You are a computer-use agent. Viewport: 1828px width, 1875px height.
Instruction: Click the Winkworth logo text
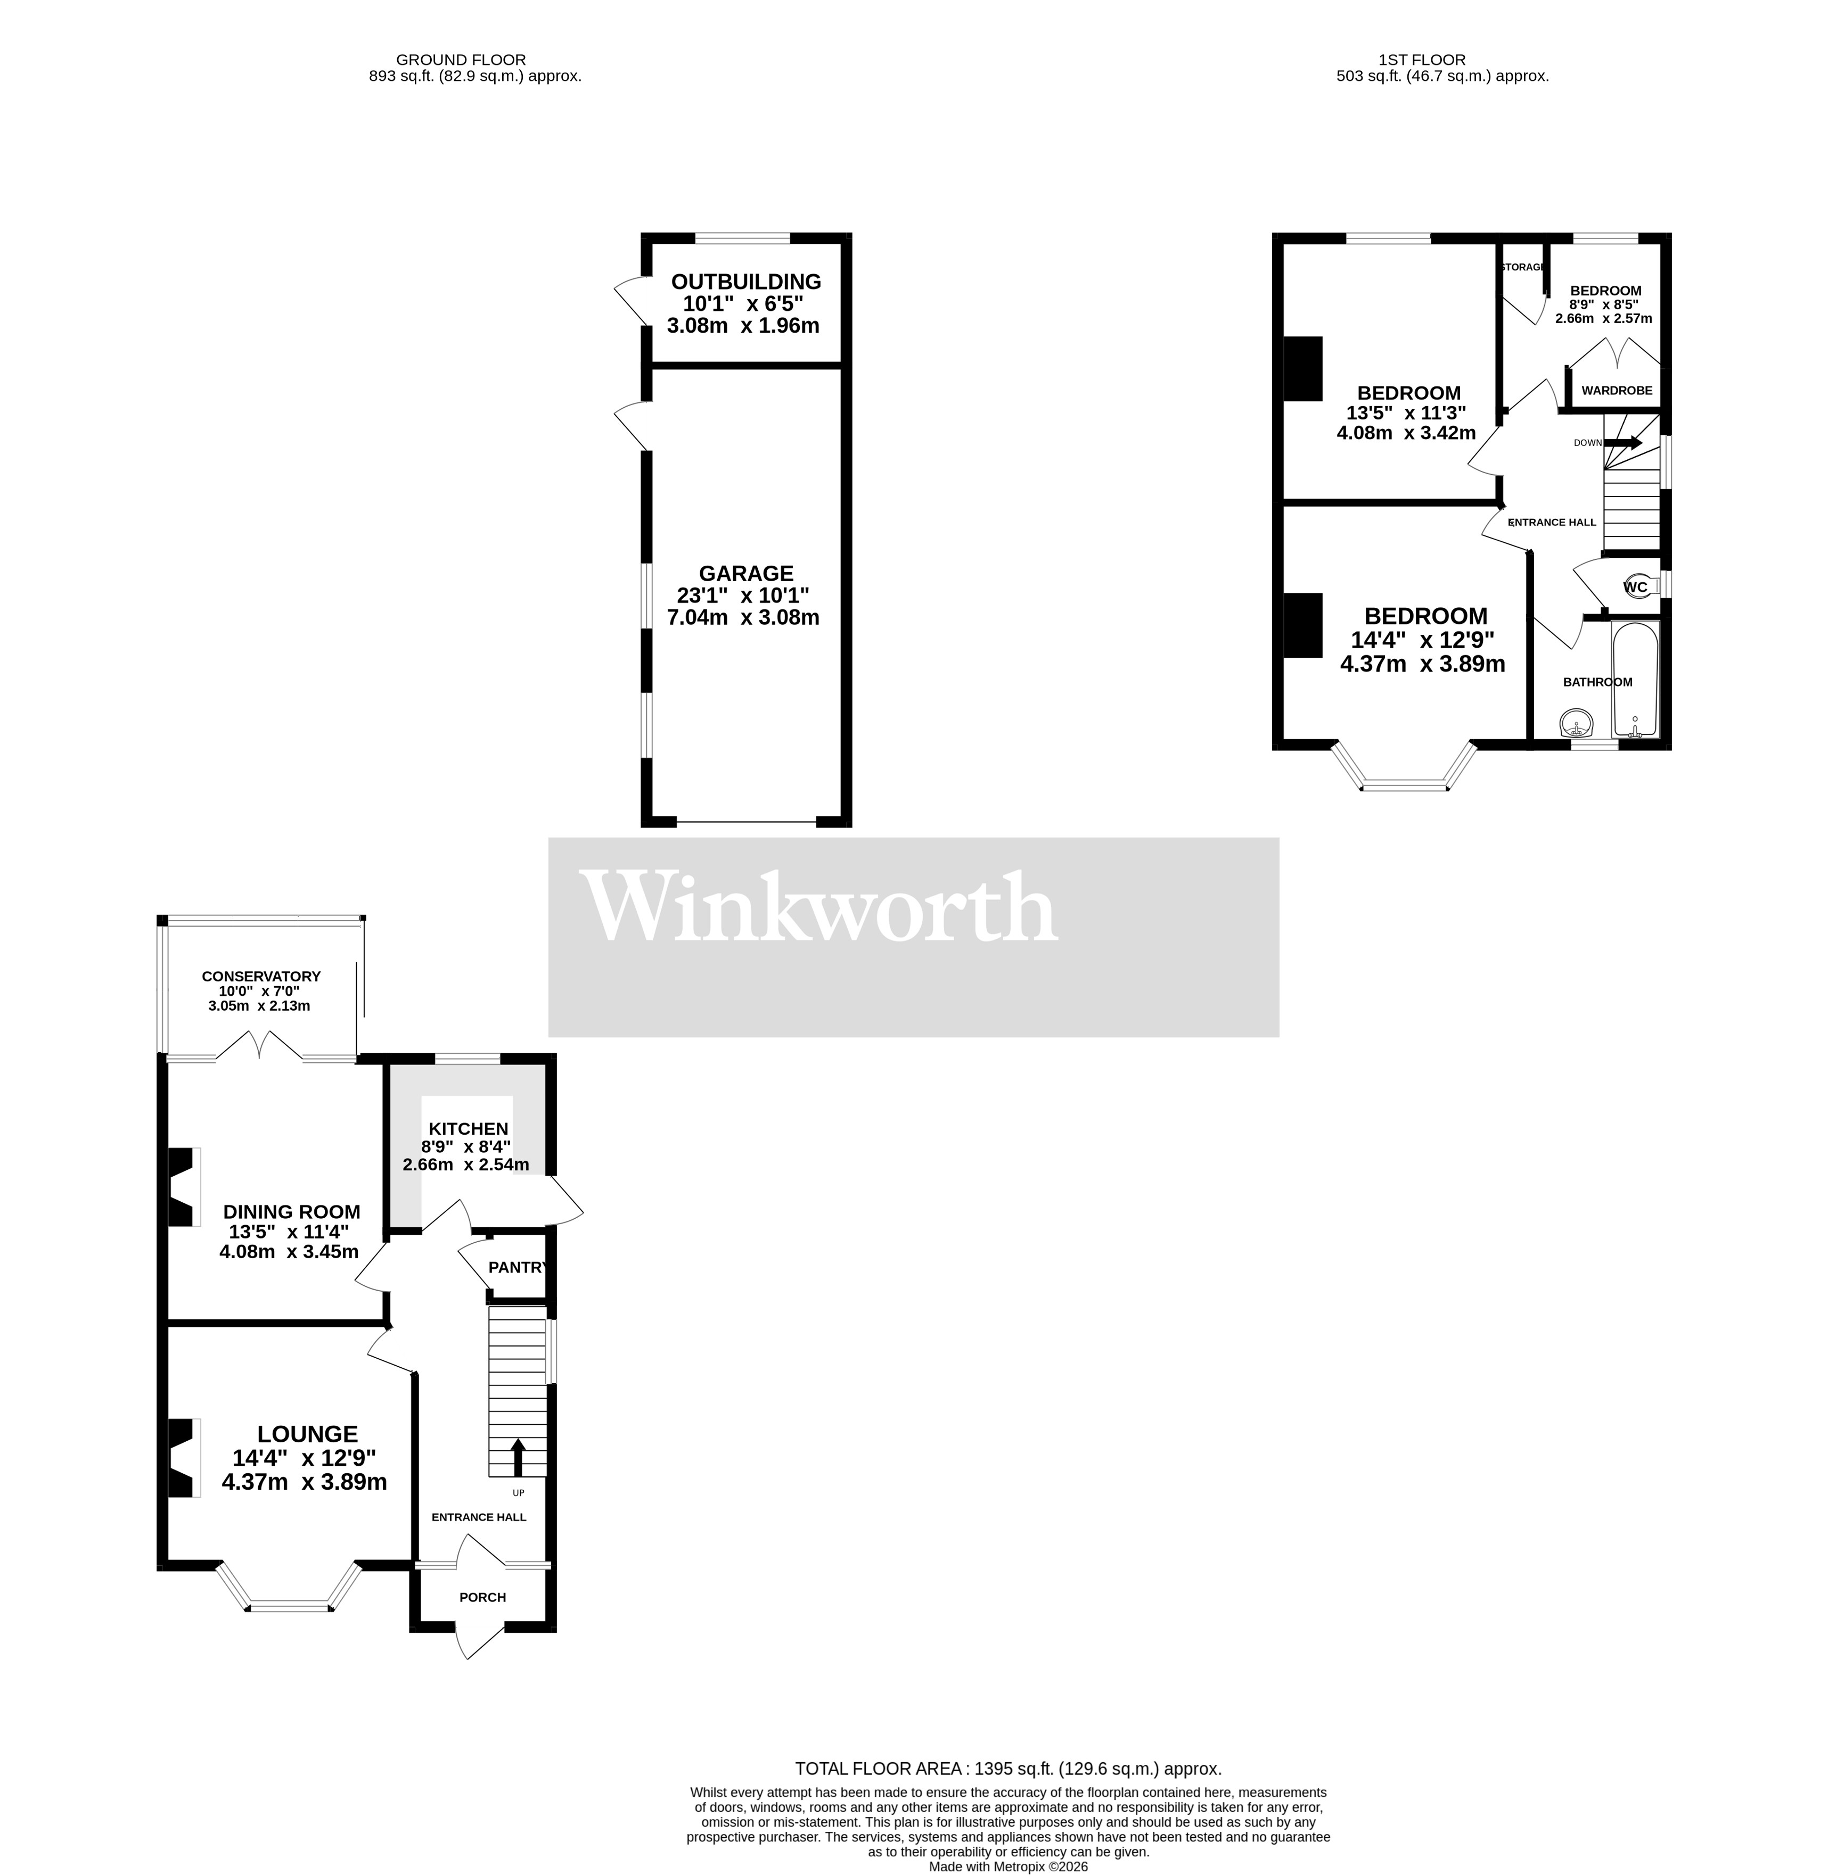click(821, 907)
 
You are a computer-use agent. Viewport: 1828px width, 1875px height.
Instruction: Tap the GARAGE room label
click(746, 573)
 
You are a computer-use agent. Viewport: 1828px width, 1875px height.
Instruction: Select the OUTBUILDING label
click(746, 281)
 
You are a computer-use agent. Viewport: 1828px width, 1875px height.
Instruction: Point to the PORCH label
click(482, 1597)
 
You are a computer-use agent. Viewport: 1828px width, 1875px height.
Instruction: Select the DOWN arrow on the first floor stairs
click(1626, 442)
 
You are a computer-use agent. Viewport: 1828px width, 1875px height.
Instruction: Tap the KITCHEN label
click(469, 1128)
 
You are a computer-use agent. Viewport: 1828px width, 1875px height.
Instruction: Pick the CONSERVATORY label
click(261, 976)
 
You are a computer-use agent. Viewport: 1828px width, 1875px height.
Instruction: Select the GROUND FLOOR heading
click(461, 60)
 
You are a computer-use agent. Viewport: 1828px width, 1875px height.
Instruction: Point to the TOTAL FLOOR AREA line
click(1008, 1769)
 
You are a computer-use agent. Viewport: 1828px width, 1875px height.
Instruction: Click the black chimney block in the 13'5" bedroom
click(1304, 368)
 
